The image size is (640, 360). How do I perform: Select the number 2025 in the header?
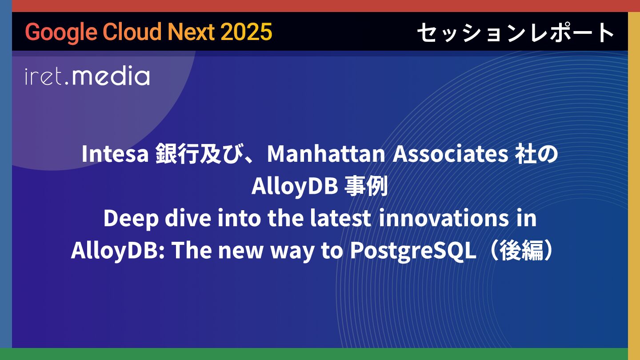tap(246, 32)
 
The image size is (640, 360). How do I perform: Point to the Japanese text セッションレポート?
tap(516, 32)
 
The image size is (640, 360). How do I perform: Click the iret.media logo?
tap(88, 76)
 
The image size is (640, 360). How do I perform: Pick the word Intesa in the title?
tap(115, 154)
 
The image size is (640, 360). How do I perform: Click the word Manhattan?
tap(326, 154)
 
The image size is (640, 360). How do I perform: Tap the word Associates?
tap(450, 154)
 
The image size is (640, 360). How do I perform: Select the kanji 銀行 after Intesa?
tap(177, 154)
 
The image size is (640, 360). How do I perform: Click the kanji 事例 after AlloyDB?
tap(366, 186)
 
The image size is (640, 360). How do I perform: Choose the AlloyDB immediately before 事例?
tap(295, 186)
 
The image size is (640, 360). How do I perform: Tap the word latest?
tap(340, 218)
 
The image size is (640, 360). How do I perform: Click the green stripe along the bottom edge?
tap(320, 354)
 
